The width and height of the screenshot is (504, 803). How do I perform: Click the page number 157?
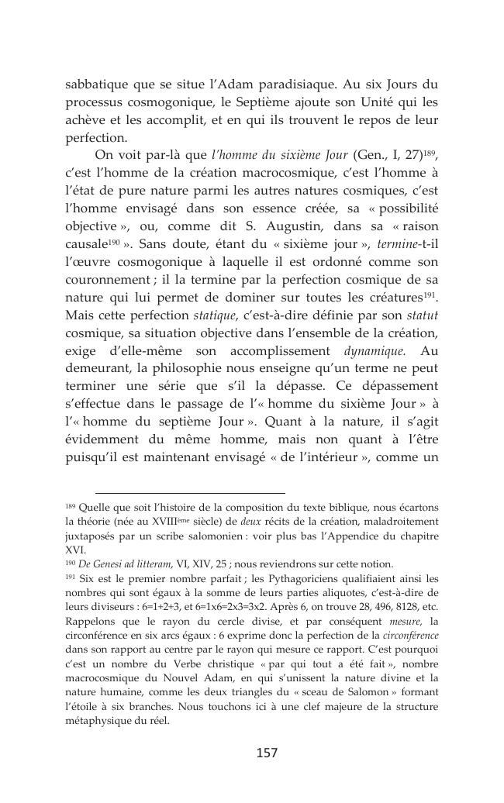click(x=266, y=752)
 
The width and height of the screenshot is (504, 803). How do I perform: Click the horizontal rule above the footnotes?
click(x=190, y=492)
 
